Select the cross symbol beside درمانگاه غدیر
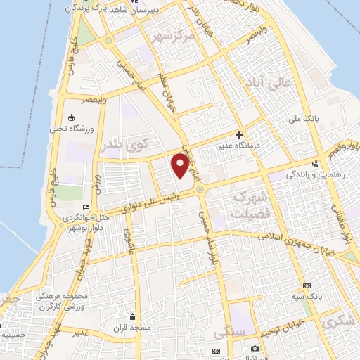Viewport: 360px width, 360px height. pyautogui.click(x=240, y=134)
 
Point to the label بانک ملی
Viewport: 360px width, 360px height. pyautogui.click(x=327, y=120)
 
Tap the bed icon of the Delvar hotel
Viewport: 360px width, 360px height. pyautogui.click(x=86, y=207)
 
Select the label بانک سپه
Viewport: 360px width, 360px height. pyautogui.click(x=307, y=297)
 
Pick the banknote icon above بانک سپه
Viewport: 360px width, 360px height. pyautogui.click(x=307, y=286)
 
